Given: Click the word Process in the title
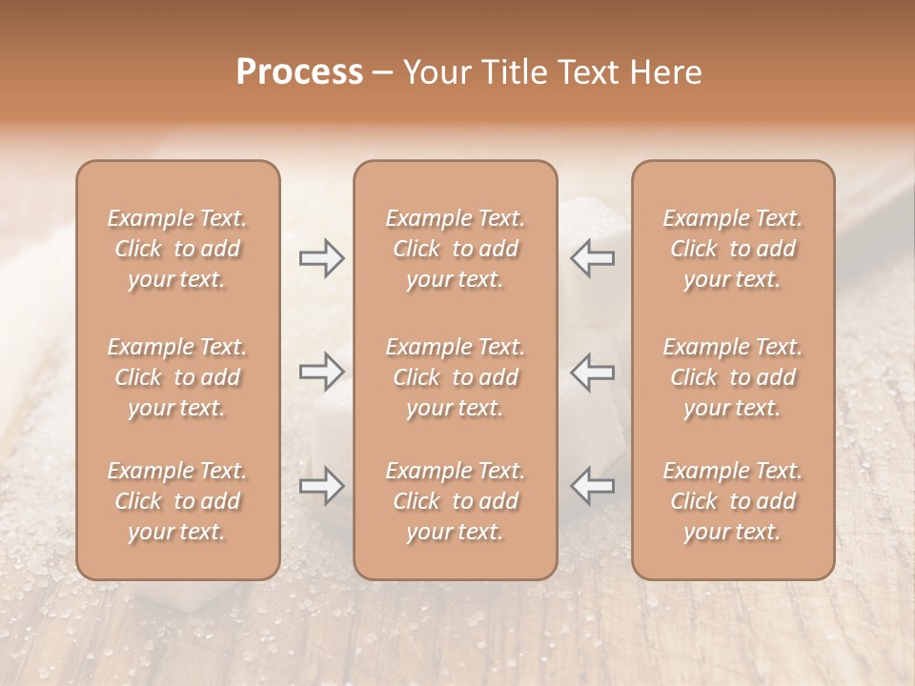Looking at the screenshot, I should (x=299, y=72).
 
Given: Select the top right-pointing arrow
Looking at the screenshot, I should (x=321, y=258).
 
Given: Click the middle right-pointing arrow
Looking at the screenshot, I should (x=321, y=372).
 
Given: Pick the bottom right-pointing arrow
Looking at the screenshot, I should (x=321, y=486).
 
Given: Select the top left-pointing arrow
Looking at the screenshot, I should (x=593, y=258).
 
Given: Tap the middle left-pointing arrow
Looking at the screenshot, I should (x=593, y=372).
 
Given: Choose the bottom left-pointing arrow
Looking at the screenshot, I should (x=593, y=486).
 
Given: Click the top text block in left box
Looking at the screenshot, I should (x=177, y=249).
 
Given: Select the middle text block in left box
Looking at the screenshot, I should (x=177, y=377).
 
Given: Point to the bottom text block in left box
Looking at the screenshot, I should (x=177, y=501).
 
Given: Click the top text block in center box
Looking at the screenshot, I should (x=456, y=249).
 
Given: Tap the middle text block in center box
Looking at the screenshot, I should (x=456, y=377).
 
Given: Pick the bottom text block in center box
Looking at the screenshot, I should (x=456, y=501).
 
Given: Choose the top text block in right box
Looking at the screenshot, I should (x=733, y=249).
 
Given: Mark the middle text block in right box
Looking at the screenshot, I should (x=733, y=377).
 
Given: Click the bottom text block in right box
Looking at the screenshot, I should (x=733, y=501).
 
